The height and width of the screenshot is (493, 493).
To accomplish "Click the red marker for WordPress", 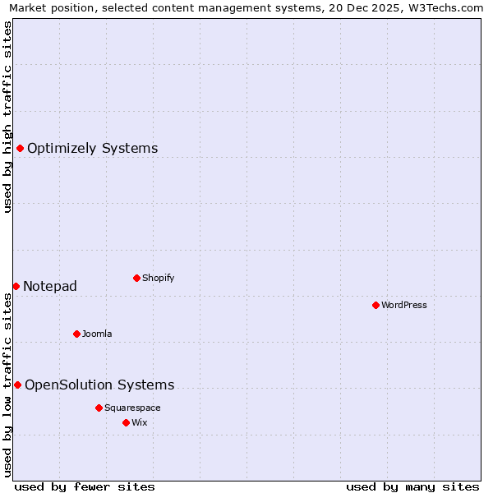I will click(376, 305).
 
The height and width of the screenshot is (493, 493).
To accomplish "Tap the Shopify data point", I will click(136, 278).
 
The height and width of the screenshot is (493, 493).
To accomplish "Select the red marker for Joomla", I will click(76, 334).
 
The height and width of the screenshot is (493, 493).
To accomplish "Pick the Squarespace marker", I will click(99, 408).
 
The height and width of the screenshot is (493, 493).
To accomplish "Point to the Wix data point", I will click(126, 422).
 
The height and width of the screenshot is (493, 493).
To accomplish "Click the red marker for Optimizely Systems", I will click(20, 148).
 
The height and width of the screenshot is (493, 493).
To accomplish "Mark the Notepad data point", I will click(16, 286).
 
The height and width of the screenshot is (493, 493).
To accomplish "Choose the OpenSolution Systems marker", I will click(17, 385).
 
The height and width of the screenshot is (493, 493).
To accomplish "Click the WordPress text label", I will click(404, 306).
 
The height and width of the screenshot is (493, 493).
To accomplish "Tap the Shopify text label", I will click(159, 279).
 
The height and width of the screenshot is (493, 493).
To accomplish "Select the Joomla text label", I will click(97, 334).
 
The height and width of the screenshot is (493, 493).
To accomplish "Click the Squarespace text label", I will click(132, 408).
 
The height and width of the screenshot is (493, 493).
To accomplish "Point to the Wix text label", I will click(140, 423).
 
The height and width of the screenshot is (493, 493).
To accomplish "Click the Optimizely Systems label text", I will click(93, 149).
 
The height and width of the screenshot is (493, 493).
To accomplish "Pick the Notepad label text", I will click(50, 287).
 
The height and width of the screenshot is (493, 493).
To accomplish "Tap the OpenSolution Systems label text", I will click(99, 385).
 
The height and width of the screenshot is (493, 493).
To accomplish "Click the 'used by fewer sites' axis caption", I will click(85, 486).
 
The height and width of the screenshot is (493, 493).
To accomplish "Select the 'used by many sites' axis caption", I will click(412, 486).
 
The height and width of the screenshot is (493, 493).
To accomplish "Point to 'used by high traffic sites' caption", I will click(8, 117).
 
